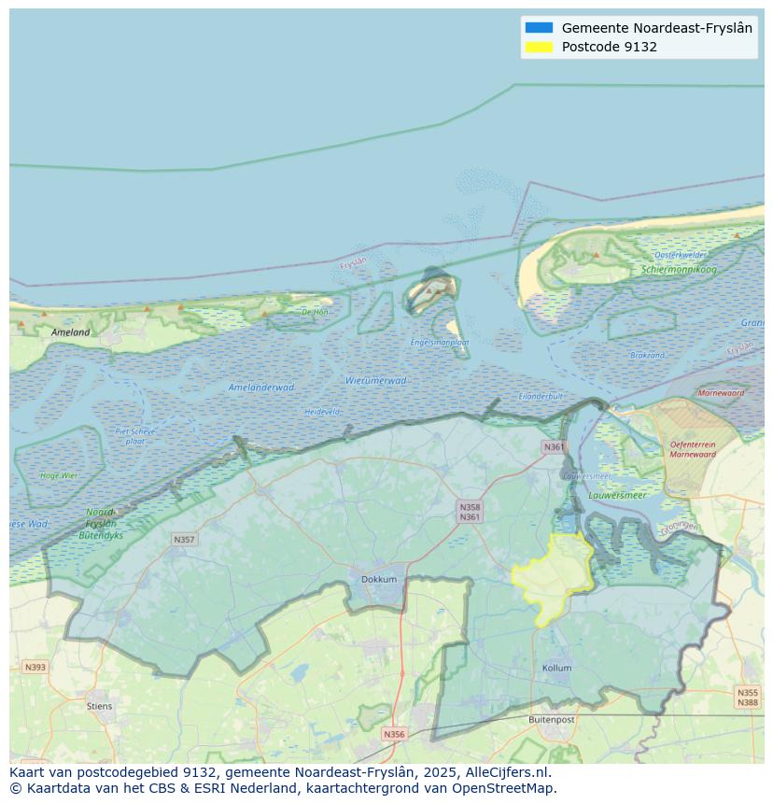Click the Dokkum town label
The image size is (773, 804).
[379, 579]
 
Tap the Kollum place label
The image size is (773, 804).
[556, 668]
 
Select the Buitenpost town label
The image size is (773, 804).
[551, 719]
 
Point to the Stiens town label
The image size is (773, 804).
[99, 706]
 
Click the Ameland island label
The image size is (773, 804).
[71, 331]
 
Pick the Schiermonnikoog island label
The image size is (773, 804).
[679, 270]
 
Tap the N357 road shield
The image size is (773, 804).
[184, 540]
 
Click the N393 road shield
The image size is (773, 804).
[35, 667]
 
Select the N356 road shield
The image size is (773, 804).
[394, 734]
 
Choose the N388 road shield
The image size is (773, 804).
[748, 702]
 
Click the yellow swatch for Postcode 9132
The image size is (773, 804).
[539, 47]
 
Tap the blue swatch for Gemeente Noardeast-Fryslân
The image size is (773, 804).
[539, 28]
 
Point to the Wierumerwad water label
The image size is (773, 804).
[375, 380]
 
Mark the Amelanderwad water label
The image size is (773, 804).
[260, 387]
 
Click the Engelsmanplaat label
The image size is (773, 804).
[439, 342]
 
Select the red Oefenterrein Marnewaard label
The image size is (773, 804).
[692, 449]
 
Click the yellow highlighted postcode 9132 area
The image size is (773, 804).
[553, 576]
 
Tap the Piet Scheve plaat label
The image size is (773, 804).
[134, 435]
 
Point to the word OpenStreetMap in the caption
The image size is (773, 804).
[504, 788]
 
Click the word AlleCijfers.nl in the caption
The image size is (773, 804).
[508, 772]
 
